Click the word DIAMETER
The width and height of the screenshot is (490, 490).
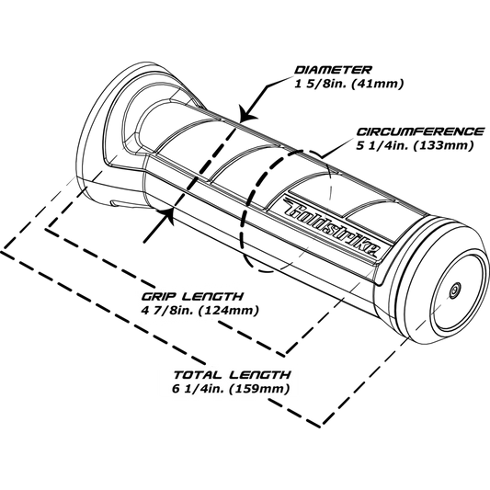click(x=333, y=70)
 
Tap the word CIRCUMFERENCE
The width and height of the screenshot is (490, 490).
click(x=421, y=131)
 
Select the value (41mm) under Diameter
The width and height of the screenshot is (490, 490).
click(x=378, y=84)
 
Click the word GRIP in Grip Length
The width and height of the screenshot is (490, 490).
click(x=160, y=296)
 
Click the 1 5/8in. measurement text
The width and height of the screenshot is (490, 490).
click(x=321, y=84)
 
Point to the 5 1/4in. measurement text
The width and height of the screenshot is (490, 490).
click(x=382, y=145)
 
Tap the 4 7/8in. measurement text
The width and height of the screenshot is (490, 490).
click(x=168, y=311)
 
